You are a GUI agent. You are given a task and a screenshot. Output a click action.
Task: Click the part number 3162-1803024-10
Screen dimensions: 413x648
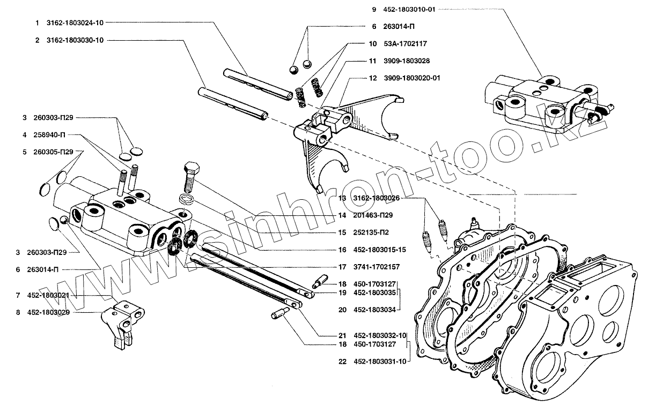click(x=75, y=23)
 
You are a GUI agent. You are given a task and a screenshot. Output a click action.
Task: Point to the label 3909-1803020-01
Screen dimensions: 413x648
click(x=412, y=78)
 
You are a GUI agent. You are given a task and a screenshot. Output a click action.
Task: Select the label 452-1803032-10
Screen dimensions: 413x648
click(x=380, y=335)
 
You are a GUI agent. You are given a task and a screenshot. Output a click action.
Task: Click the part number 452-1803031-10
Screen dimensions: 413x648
click(x=380, y=361)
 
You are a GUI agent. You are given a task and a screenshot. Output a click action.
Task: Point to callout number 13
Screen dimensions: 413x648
click(x=342, y=198)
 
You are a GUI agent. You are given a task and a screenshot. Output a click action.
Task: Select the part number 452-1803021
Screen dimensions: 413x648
click(x=50, y=295)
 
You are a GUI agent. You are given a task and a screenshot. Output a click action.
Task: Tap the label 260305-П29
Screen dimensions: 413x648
click(x=56, y=152)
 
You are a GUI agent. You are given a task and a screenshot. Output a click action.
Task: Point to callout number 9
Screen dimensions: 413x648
click(x=374, y=10)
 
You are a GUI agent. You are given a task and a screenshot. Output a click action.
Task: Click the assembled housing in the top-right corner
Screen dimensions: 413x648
click(x=542, y=102)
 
